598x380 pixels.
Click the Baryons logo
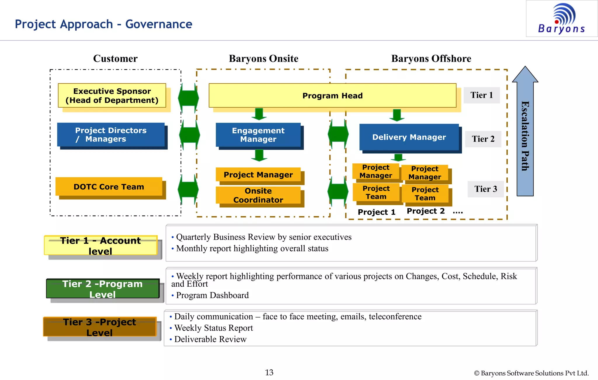[562, 18]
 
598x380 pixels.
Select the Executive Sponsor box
[112, 96]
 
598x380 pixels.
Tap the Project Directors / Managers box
[111, 135]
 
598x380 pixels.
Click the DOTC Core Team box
[109, 187]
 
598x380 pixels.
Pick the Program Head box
[332, 96]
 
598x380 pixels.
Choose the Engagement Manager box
[258, 135]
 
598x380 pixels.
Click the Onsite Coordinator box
[258, 195]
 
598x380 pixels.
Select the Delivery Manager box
[409, 137]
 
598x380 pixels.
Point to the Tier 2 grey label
[483, 139]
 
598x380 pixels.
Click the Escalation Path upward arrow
[525, 131]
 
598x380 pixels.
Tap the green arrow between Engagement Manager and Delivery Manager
[338, 134]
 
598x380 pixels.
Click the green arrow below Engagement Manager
[259, 155]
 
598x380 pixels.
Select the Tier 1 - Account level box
[100, 246]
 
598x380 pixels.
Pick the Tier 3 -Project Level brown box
[100, 327]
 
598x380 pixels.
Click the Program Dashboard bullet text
[212, 295]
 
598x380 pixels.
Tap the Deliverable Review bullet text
[210, 339]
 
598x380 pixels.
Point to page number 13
[269, 372]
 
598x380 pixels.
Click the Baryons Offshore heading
[431, 59]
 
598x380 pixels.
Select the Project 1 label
[376, 212]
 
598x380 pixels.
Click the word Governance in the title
[159, 24]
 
